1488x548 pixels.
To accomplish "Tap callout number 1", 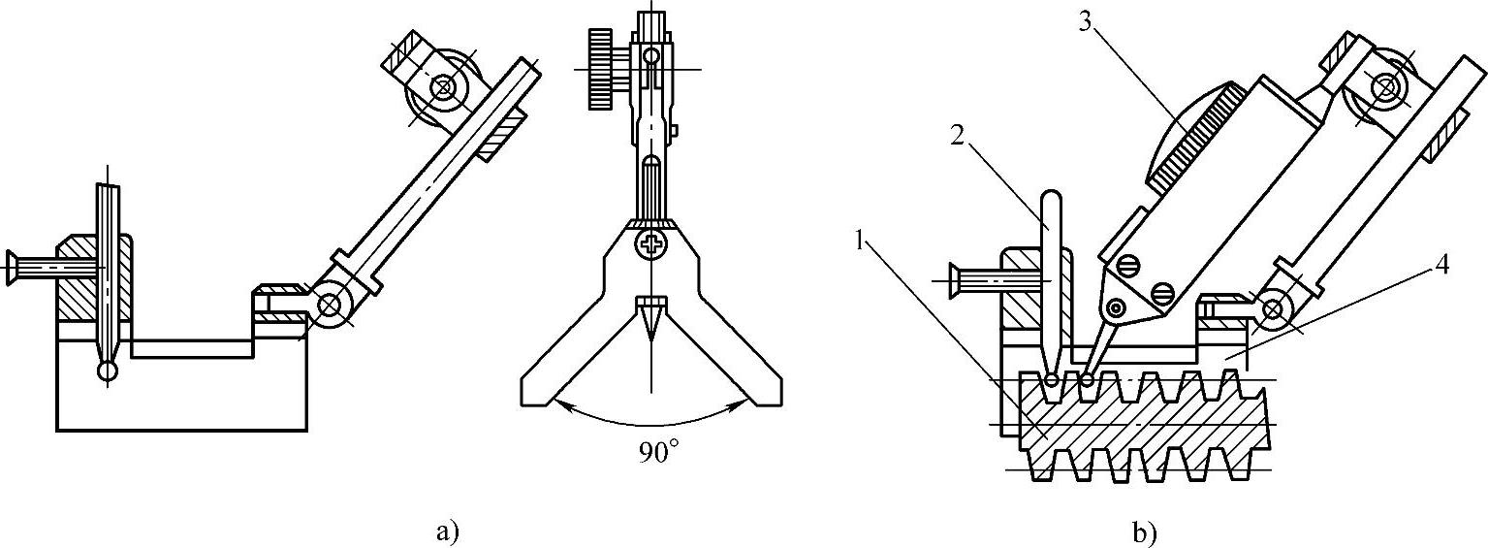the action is (x=861, y=242).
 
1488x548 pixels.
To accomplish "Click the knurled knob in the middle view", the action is (x=600, y=69).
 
